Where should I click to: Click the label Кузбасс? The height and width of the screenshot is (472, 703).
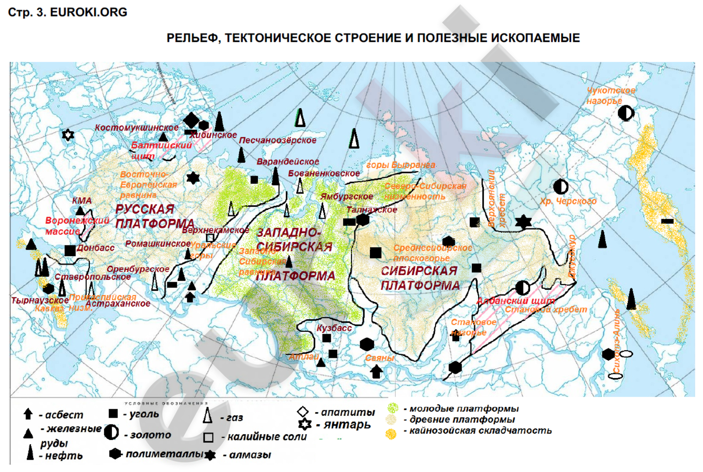334,328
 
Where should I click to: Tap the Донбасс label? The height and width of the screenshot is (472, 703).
95,247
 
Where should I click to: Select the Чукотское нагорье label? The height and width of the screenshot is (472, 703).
610,95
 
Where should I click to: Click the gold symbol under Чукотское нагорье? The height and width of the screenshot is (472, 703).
626,113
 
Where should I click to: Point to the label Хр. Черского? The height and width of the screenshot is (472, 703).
568,201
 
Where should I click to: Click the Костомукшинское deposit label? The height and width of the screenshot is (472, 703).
137,127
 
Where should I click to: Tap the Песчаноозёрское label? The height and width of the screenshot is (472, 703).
277,140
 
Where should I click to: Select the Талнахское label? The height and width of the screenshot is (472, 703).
371,210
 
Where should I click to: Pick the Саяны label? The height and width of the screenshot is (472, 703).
379,358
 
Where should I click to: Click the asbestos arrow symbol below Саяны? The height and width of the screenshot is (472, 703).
376,371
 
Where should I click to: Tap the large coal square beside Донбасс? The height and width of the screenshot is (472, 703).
70,250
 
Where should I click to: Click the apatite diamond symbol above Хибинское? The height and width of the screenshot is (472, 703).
191,119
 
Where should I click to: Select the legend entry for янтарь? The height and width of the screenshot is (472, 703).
347,424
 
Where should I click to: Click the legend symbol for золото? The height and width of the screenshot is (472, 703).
111,432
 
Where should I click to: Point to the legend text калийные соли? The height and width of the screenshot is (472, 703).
267,437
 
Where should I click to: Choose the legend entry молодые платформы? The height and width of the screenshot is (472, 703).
463,408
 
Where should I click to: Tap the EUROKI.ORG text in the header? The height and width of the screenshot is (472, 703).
88,12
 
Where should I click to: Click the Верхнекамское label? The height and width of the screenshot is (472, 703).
215,230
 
